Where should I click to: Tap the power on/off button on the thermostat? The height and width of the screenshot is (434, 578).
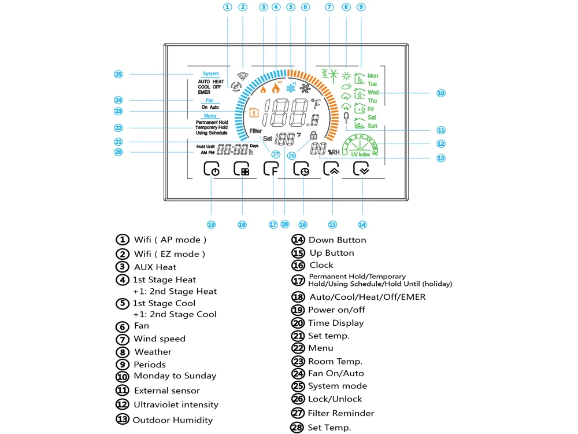click(212, 169)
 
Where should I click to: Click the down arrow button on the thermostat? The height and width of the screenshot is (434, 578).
click(362, 169)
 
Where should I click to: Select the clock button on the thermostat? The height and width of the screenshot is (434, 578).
click(301, 169)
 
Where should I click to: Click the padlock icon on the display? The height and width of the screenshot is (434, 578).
click(313, 135)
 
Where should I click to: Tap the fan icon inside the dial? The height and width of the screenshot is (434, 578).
click(305, 89)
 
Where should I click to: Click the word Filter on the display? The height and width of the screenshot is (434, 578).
click(255, 131)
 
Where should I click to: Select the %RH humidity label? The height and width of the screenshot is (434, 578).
click(334, 152)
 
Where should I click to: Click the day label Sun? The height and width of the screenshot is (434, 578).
click(372, 126)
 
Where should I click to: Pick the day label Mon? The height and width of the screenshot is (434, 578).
click(373, 76)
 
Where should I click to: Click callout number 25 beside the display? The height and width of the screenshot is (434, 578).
click(118, 74)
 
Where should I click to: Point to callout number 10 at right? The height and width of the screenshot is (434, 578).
click(440, 93)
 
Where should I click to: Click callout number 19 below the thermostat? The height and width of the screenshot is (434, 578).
click(211, 224)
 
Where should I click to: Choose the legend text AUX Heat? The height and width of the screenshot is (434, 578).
click(155, 267)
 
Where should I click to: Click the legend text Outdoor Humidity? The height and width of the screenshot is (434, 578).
click(172, 420)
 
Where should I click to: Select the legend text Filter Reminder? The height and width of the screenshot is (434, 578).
click(340, 413)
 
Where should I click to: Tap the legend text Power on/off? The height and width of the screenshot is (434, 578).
click(336, 310)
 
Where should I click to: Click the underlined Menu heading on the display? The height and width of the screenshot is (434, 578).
click(210, 116)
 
